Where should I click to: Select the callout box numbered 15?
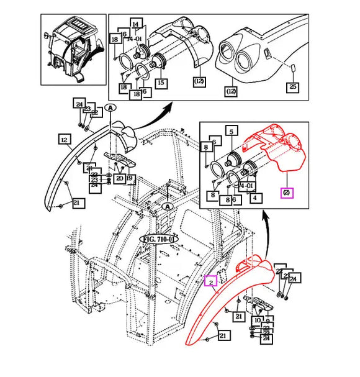[160, 82]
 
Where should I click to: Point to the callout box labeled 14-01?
[135, 38]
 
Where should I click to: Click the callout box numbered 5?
[231, 132]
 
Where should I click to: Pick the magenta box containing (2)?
[287, 193]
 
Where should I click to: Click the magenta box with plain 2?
[211, 281]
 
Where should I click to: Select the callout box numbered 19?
[130, 178]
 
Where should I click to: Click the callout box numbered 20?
[119, 178]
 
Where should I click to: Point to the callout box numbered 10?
[258, 321]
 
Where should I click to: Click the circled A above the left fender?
[110, 107]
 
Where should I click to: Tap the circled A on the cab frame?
[166, 206]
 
